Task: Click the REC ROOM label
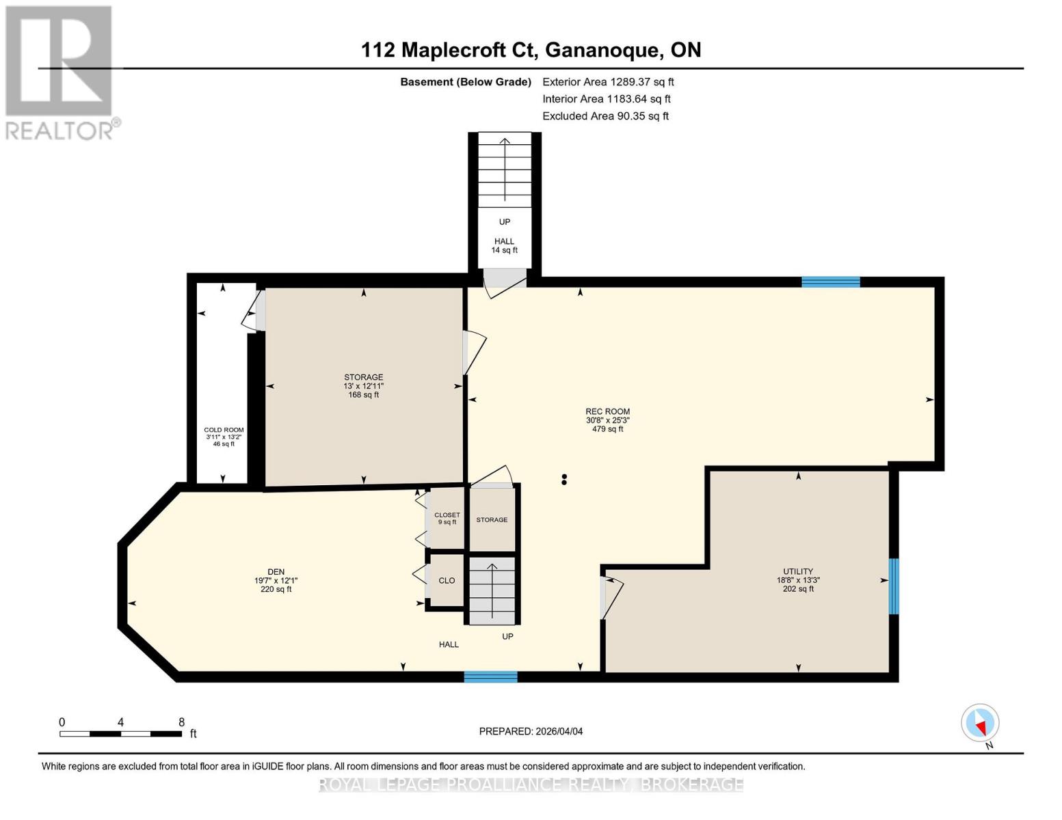click(607, 411)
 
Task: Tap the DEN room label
click(276, 571)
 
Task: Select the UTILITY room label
click(798, 571)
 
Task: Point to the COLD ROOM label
click(224, 430)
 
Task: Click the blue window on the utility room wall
click(893, 586)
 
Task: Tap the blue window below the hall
click(491, 676)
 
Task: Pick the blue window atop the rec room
click(831, 282)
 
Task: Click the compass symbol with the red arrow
click(980, 723)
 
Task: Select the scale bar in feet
click(121, 733)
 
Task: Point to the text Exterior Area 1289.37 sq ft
click(608, 82)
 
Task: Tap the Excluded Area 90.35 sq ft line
click(605, 116)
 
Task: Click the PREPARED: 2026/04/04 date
click(531, 731)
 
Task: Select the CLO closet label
click(447, 580)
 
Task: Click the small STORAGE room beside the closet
click(492, 519)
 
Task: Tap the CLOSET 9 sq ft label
click(447, 518)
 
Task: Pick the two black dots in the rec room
click(564, 479)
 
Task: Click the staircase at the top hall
click(505, 169)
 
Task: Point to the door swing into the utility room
click(612, 599)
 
